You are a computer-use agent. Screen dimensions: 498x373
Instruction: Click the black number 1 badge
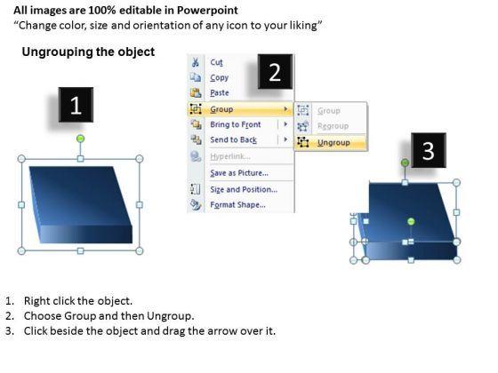76,105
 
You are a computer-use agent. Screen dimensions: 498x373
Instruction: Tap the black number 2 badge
275,72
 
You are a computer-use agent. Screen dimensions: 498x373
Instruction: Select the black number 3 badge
429,150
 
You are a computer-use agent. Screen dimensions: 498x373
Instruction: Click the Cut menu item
216,62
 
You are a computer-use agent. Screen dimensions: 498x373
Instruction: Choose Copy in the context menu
219,78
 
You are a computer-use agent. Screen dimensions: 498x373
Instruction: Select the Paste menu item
220,92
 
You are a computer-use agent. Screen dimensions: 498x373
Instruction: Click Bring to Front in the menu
236,124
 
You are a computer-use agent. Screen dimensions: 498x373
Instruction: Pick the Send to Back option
233,140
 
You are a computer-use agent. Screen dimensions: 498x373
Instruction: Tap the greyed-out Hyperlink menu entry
230,156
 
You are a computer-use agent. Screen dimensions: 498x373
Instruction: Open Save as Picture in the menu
239,173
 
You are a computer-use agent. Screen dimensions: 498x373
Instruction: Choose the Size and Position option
244,189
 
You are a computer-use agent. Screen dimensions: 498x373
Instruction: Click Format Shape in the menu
238,205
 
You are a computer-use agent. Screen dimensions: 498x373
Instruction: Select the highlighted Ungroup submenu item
333,143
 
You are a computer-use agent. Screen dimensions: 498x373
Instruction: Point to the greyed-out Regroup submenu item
333,126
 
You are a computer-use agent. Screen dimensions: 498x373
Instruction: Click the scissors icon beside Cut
195,62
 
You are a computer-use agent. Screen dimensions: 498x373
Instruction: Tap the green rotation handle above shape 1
81,139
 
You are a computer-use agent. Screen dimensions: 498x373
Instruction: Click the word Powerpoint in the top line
207,11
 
